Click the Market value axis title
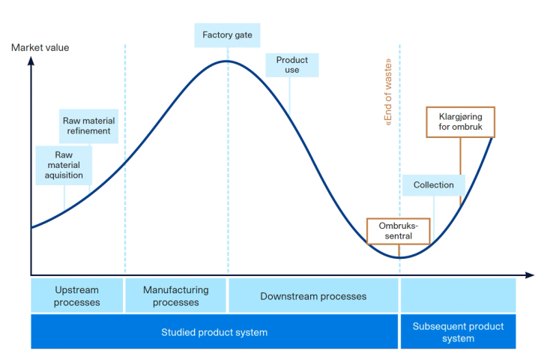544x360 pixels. click(x=40, y=48)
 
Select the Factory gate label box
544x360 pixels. click(x=227, y=34)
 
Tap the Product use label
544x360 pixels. click(x=292, y=64)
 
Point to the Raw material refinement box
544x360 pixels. click(x=88, y=125)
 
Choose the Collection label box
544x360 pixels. click(x=433, y=184)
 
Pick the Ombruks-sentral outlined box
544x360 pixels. click(x=399, y=231)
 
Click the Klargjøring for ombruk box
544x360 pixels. click(x=460, y=122)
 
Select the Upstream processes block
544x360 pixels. click(x=76, y=295)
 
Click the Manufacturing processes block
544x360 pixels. click(x=175, y=295)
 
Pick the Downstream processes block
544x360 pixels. click(x=313, y=295)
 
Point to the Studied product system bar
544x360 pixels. click(x=214, y=332)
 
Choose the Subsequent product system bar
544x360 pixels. click(x=458, y=332)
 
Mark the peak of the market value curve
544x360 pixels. click(x=227, y=61)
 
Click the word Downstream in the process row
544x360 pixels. click(x=289, y=295)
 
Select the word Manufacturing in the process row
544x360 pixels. click(x=175, y=289)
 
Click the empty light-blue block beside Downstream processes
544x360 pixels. click(x=458, y=295)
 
